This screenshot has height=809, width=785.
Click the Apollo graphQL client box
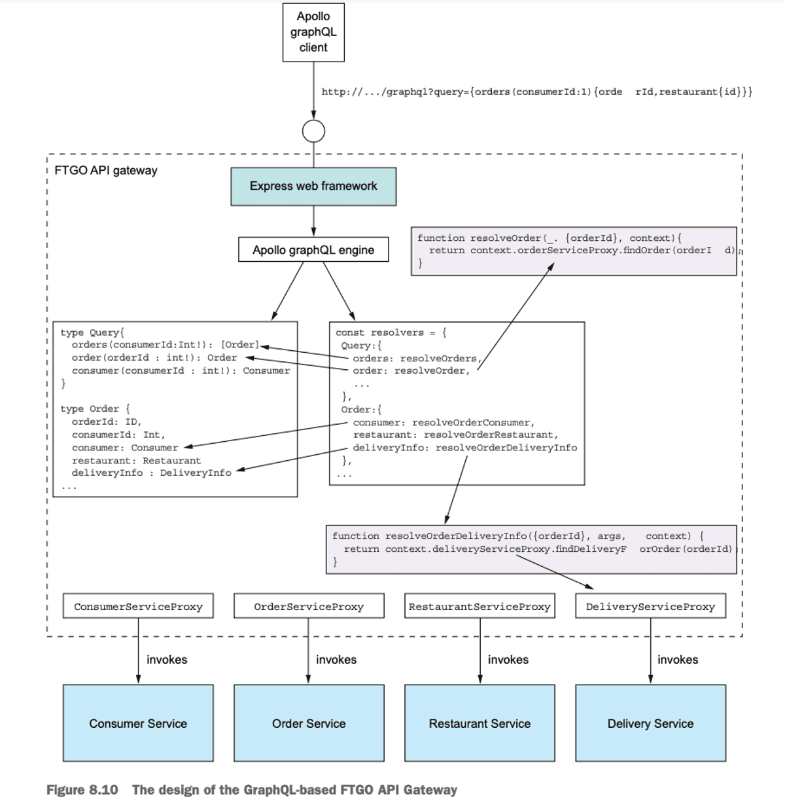(x=313, y=32)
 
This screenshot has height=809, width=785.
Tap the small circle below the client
(x=313, y=132)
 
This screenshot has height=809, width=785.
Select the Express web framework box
(x=313, y=187)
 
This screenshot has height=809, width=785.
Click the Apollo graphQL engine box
(x=313, y=250)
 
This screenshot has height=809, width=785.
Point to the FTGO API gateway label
(x=106, y=171)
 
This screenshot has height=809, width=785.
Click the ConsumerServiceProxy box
(x=138, y=607)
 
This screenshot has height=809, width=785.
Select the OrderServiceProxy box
(x=309, y=607)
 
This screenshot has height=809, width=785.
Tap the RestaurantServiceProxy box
(x=480, y=607)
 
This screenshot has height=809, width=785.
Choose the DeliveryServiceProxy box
(x=650, y=607)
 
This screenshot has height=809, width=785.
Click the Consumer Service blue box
(x=138, y=723)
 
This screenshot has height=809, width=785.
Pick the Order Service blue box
(x=309, y=723)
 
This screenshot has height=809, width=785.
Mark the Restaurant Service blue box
(x=480, y=723)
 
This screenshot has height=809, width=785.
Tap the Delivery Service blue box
(x=650, y=723)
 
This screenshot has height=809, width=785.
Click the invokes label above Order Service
(x=336, y=660)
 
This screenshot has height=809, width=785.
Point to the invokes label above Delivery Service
(x=678, y=660)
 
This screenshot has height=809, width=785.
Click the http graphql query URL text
(x=536, y=92)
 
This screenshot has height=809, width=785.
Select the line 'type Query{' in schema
(x=92, y=333)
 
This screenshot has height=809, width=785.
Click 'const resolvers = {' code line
(x=391, y=333)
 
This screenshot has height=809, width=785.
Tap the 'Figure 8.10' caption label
(x=82, y=790)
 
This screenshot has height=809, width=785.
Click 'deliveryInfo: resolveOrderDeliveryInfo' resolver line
(x=464, y=448)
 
